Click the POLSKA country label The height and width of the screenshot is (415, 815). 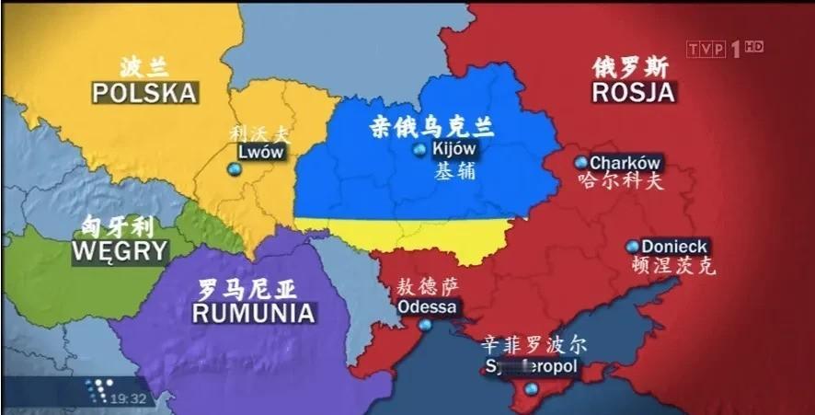pos(145,93)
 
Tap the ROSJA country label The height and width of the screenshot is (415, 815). pos(633,92)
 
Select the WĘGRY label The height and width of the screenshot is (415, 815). pos(120,250)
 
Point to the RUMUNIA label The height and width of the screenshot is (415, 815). pos(254,313)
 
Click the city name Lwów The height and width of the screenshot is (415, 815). pos(261,153)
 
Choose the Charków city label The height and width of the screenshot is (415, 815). pos(626,163)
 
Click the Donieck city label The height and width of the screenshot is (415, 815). pos(674,247)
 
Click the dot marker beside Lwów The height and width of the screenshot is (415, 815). pos(233,169)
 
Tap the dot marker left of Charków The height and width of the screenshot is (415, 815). pos(580,163)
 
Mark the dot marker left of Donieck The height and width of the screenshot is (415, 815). pos(633,247)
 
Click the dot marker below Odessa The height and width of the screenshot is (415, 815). pos(425,325)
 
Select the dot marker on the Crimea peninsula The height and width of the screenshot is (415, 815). pos(530,390)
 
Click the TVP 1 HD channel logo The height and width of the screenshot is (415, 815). pos(726,48)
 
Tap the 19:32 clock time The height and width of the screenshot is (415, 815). pos(129,398)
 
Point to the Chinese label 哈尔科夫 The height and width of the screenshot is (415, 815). pos(620,181)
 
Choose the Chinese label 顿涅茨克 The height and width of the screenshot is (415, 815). pos(675,266)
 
